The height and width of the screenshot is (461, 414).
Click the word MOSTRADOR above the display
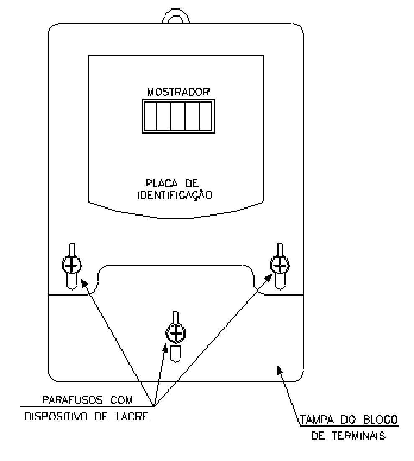178,92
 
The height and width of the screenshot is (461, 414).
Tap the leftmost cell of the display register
150,116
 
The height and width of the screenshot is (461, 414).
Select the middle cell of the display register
178,116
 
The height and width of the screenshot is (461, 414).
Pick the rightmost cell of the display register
205,116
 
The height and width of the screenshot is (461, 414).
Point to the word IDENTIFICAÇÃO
175,195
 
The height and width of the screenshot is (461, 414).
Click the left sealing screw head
72,265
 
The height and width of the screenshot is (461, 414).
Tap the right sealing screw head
280,265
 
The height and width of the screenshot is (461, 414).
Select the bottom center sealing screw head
176,333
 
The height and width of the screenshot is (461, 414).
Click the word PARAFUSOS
73,399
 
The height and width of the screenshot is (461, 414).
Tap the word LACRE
133,417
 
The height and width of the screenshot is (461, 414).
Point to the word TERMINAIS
359,435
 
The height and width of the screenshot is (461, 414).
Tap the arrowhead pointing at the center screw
166,348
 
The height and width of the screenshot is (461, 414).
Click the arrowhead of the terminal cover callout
280,370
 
